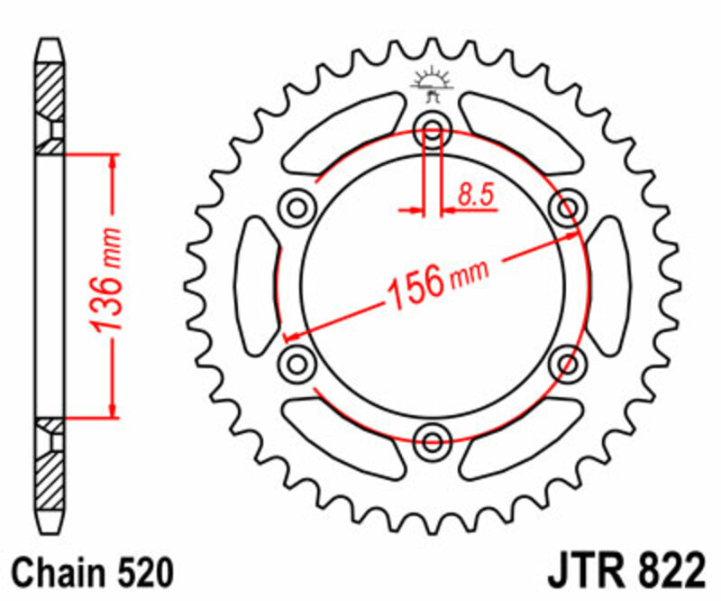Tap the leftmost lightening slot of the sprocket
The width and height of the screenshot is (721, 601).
(256, 286)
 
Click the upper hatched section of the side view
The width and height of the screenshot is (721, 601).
(50, 90)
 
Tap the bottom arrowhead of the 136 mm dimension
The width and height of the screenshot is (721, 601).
(113, 411)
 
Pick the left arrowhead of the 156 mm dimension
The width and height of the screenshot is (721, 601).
(291, 337)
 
